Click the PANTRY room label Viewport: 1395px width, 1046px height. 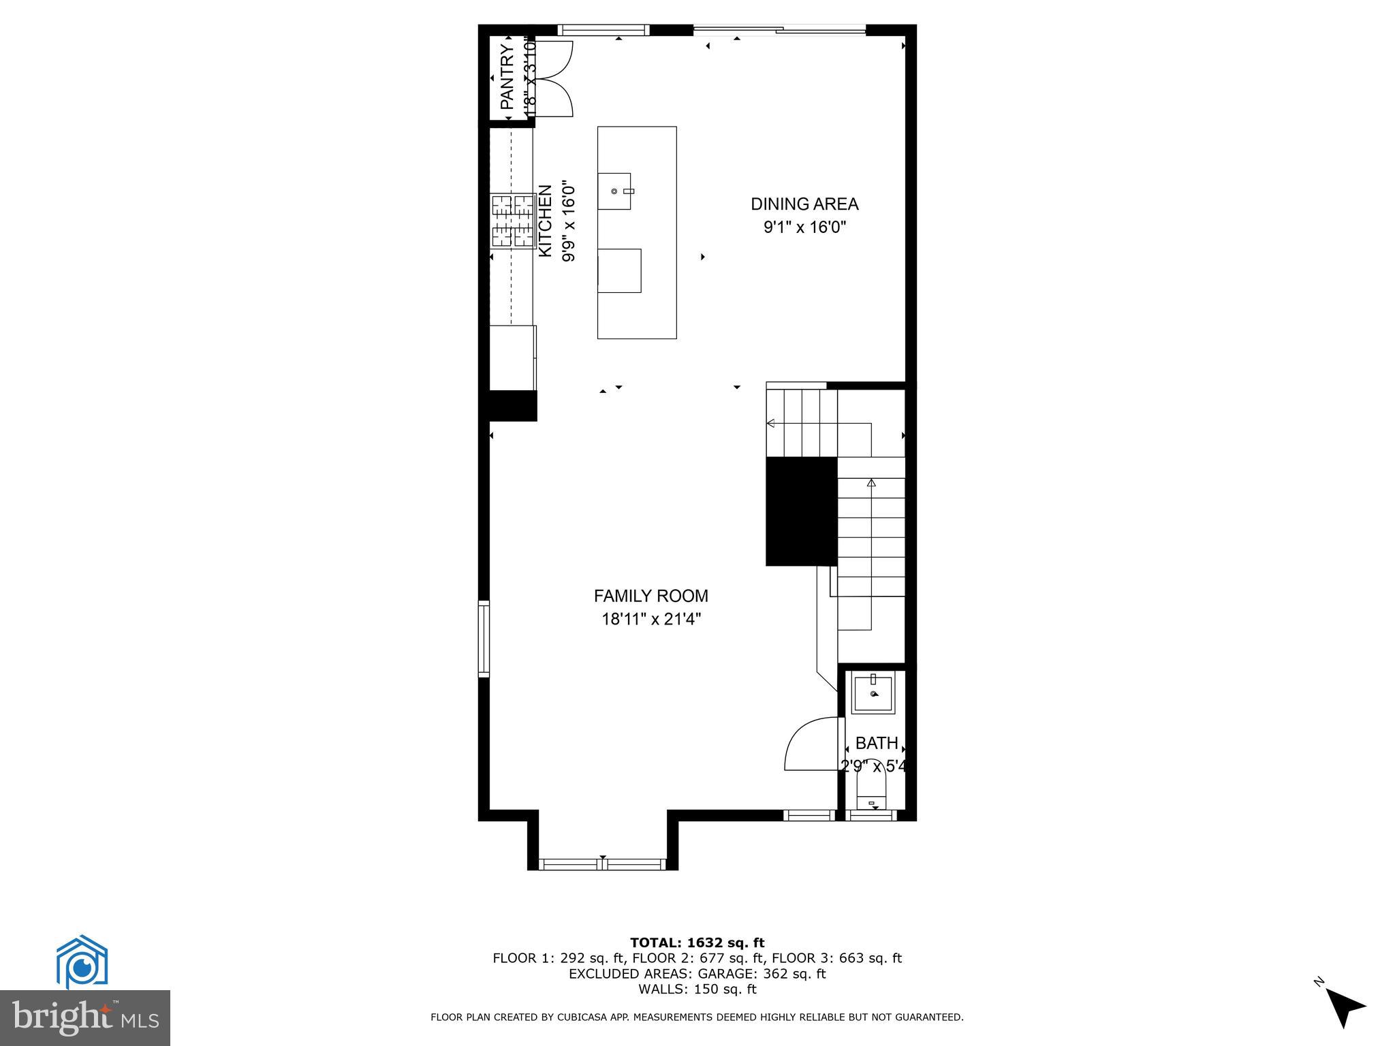507,76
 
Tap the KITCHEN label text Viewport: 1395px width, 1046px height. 546,221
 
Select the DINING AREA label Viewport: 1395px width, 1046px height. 804,204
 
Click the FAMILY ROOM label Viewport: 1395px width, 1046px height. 651,596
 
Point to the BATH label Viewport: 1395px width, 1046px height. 877,743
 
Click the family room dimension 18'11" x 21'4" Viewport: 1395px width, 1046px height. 651,619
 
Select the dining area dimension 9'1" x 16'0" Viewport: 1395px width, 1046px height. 804,227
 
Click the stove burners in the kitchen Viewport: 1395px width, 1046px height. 513,221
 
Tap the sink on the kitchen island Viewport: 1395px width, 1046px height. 615,191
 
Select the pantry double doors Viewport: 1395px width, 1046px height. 553,78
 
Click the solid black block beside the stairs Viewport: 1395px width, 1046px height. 801,511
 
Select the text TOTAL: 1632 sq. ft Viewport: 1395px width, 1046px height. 697,942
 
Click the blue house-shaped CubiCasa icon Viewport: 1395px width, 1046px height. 82,962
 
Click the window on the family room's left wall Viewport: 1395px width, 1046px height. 484,638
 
